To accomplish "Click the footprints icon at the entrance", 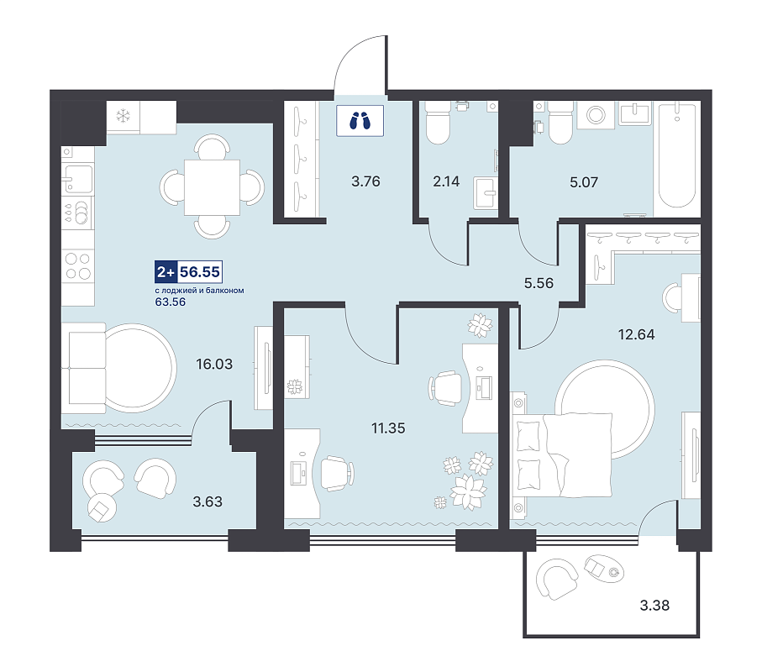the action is coord(360,120).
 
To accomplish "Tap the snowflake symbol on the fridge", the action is coord(123,116).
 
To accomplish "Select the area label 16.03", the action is coord(214,364).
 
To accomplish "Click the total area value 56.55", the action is coord(200,271).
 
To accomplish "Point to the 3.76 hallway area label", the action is coord(365,181).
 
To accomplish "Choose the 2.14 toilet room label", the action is coord(446,181).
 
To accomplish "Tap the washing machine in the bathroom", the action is coord(596,115).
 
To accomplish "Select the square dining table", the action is coord(212,187).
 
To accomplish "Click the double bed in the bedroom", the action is coord(561,454).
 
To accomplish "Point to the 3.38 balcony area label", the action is coord(654,606).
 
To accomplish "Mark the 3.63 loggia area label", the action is coord(208,501).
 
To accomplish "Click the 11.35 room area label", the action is coord(388,428).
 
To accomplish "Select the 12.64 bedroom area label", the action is coord(636,334).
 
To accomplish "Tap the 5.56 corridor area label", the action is coord(539,283).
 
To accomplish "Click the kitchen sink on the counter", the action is coord(78,179).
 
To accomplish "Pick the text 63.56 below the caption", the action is coord(170,302).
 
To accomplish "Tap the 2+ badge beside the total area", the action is coord(166,271).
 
